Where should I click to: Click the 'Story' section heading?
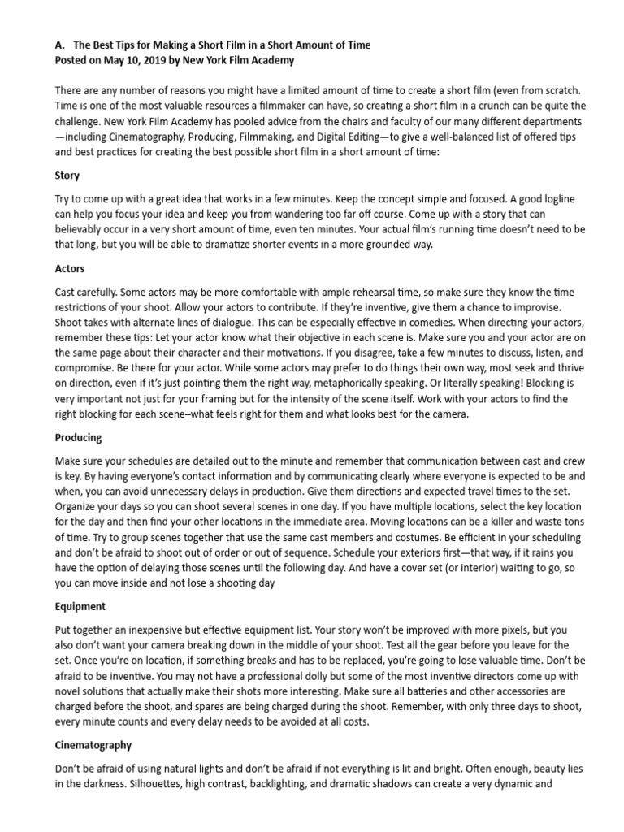(x=67, y=175)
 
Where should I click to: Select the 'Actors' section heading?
(x=70, y=268)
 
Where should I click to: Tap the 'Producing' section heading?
(x=78, y=437)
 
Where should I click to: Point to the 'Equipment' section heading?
(x=80, y=606)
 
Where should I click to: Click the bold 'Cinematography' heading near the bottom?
(x=93, y=744)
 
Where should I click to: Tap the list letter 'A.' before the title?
(x=59, y=45)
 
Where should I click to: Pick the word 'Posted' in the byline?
(x=72, y=60)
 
